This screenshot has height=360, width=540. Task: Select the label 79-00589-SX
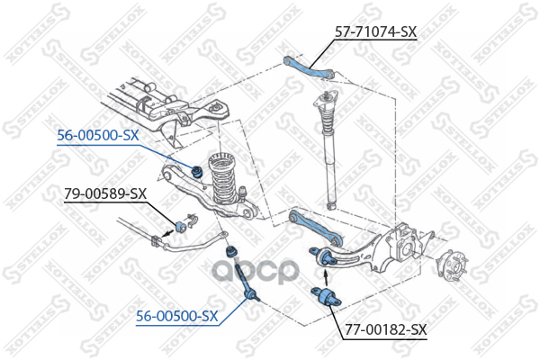105,193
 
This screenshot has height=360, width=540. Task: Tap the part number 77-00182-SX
384,329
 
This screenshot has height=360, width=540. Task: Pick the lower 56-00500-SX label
176,316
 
